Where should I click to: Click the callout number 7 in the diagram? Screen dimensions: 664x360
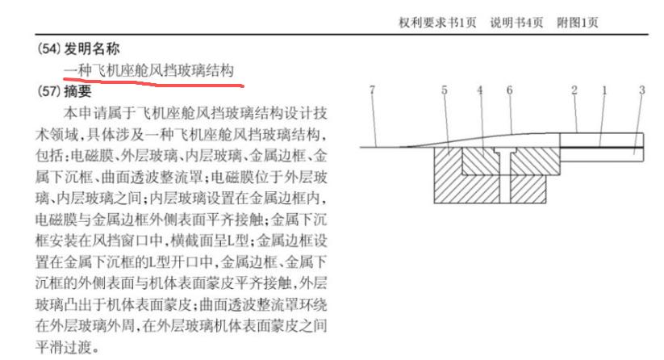[x=371, y=90]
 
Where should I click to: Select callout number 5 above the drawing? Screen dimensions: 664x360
[x=444, y=90]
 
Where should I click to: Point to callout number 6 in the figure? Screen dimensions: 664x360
[x=509, y=90]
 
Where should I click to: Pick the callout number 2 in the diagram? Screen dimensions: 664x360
[x=574, y=90]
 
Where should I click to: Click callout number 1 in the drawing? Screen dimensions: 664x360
[x=603, y=90]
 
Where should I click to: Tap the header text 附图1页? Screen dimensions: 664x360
[x=578, y=23]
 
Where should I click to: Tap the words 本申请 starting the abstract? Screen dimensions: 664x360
[x=81, y=111]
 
